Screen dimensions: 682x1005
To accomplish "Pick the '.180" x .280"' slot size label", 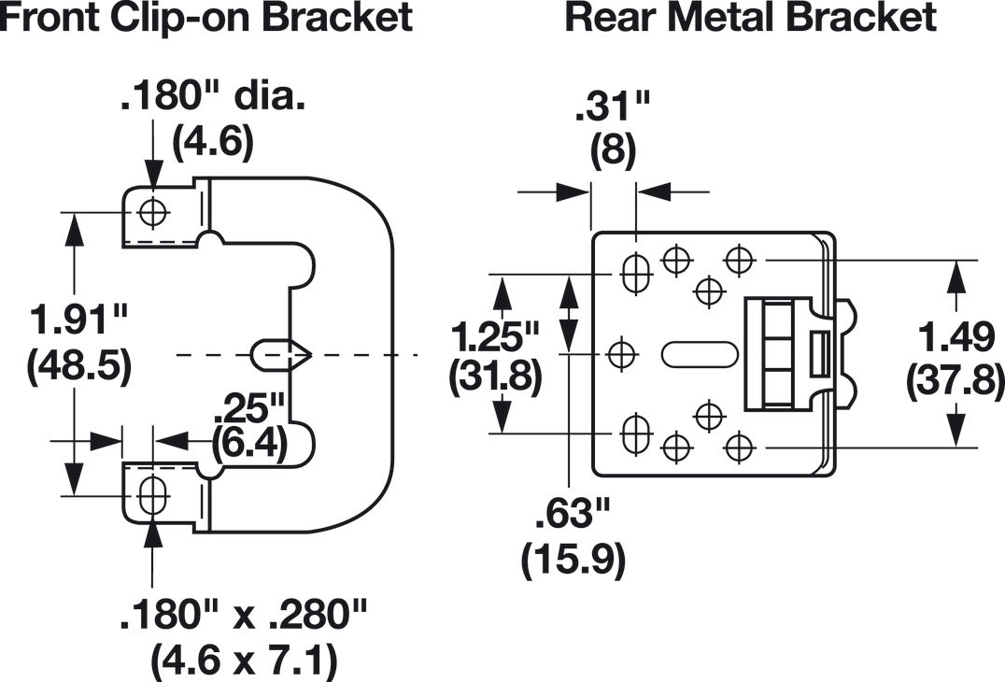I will coord(243,616).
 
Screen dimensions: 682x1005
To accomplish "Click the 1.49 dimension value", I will coord(955,334).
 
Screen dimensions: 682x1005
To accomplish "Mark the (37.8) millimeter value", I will coord(955,379).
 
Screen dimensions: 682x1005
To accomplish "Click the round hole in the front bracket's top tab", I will coord(152,213).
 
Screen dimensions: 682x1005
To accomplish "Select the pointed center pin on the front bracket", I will coord(280,354).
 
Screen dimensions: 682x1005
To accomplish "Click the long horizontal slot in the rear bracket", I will coord(700,354).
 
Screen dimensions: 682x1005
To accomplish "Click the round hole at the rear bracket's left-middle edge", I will coord(622,354).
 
